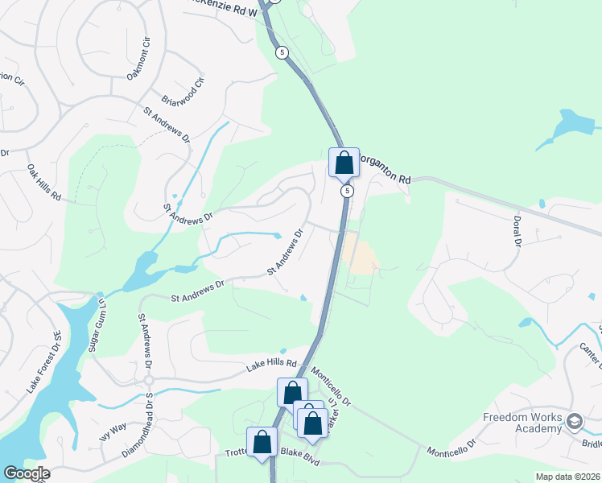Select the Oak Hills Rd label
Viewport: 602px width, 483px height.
(x=43, y=183)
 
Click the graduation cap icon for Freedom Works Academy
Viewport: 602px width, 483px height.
(x=574, y=421)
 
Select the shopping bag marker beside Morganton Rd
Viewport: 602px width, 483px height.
(x=344, y=163)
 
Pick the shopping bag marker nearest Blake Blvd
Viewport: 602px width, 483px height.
(x=262, y=442)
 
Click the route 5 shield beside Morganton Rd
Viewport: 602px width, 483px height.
(x=347, y=192)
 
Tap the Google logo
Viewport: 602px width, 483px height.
(x=26, y=473)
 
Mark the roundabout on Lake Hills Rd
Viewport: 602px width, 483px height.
(x=149, y=380)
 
